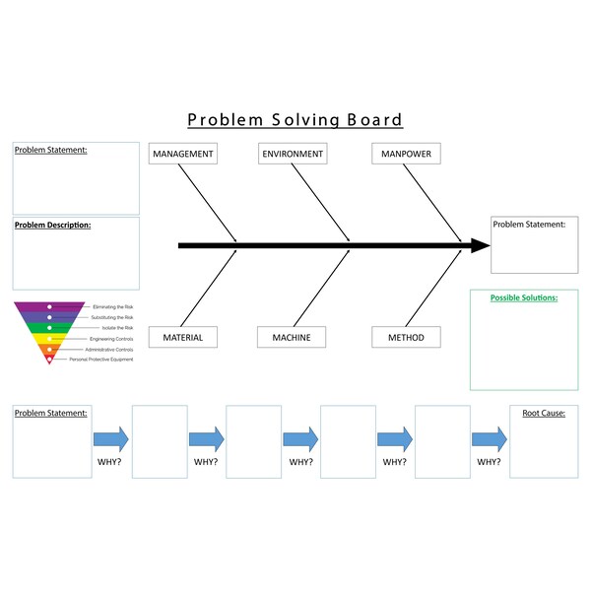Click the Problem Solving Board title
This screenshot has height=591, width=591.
click(295, 120)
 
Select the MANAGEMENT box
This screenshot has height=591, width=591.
click(182, 154)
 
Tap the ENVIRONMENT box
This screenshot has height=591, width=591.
click(293, 154)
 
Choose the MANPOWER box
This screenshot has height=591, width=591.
click(406, 154)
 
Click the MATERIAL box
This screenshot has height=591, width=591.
click(182, 338)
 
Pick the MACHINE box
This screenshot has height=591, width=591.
click(292, 338)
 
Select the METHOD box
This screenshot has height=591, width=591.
click(406, 338)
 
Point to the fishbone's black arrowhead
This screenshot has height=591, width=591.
click(480, 245)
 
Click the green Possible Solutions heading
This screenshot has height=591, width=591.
click(523, 296)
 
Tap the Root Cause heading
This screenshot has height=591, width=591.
click(543, 413)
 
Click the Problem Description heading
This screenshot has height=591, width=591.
click(53, 225)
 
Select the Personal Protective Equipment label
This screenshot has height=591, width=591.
click(100, 360)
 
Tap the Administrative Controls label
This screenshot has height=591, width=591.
click(108, 350)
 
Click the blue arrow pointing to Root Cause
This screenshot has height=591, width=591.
click(489, 438)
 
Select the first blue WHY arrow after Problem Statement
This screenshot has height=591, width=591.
click(111, 438)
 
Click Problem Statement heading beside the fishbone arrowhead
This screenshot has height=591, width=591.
click(529, 225)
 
